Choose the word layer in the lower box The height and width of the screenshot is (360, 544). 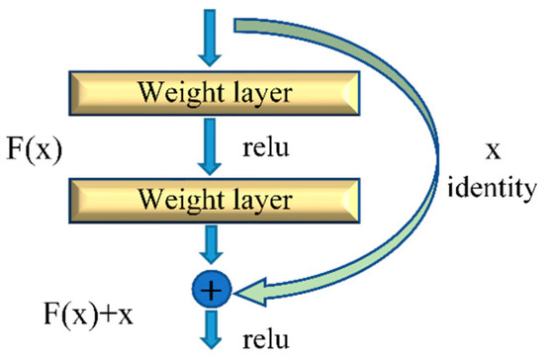click(x=260, y=203)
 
